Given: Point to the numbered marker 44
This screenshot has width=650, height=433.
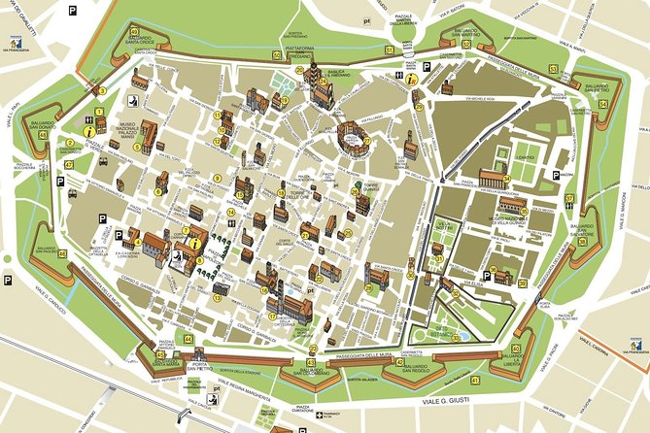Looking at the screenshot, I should [x=188, y=339].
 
